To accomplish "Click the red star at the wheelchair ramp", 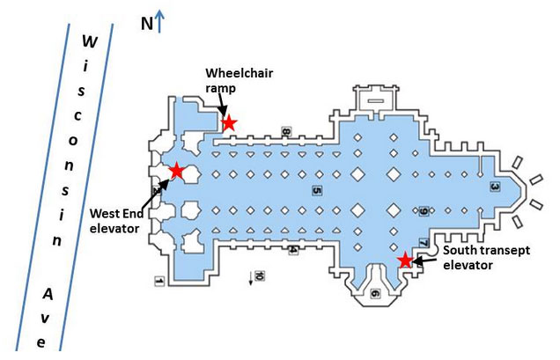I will (229, 122).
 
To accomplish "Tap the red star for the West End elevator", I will (176, 171).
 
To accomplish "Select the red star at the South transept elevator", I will (405, 260).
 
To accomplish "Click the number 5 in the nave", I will (315, 189).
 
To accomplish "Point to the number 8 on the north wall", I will (286, 132).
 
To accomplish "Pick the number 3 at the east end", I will (494, 187).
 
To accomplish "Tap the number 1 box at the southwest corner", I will (159, 281).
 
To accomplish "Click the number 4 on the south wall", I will (293, 249).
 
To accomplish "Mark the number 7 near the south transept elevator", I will (424, 242).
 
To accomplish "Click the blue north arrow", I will (159, 20).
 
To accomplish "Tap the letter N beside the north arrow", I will (146, 23).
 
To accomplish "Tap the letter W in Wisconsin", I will (89, 40).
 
